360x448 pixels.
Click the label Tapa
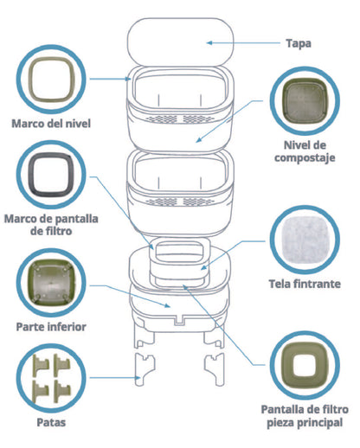coord(299,44)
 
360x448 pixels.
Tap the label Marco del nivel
coord(51,124)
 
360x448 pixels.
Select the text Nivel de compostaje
coord(305,151)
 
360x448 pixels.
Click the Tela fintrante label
coord(305,284)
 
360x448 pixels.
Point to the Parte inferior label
coord(51,327)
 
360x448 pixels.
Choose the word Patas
coord(51,423)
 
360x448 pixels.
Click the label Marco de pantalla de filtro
coord(51,225)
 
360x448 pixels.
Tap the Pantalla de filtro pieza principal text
coord(305,416)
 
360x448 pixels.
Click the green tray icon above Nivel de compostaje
coord(305,101)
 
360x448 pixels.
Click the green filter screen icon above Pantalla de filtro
coord(286,365)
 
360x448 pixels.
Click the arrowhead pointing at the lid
coord(209,43)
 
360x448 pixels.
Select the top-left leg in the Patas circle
coord(41,366)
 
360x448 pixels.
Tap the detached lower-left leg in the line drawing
coord(145,369)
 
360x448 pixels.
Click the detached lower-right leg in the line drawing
coord(215,369)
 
